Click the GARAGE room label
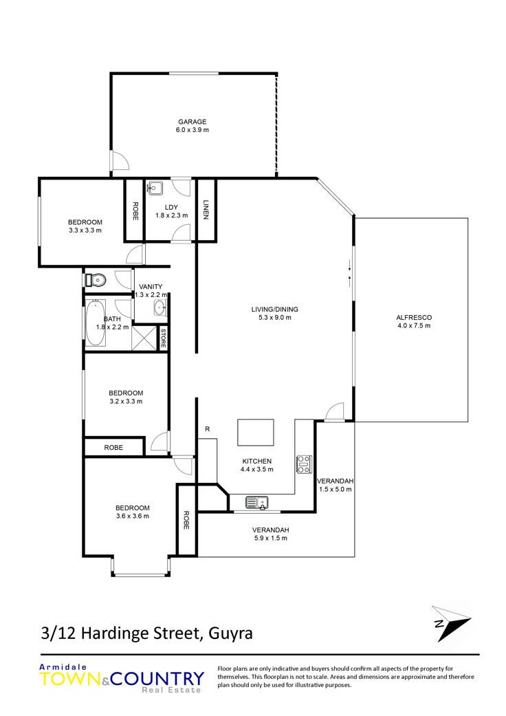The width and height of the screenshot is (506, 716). pos(192,122)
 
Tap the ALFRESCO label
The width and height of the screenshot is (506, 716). pos(414,317)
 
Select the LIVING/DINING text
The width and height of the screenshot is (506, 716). pos(275,309)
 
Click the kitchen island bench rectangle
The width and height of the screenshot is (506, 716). pos(256,432)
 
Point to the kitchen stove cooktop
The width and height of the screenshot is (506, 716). pos(304,464)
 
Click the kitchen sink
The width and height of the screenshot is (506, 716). pos(257,502)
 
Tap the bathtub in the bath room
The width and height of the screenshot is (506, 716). pos(96,323)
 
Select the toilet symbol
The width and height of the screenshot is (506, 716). pos(96,279)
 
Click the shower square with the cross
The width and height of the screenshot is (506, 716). pos(144,338)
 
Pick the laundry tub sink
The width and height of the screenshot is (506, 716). pos(155,187)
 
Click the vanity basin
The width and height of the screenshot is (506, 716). pos(160,307)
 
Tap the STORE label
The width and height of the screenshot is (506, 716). pos(163,338)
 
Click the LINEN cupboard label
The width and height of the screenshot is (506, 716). pos(206,210)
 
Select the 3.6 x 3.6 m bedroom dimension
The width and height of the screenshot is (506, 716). pos(132,516)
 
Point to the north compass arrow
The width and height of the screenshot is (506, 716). pos(451,623)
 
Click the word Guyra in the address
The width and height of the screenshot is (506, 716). pos(230,633)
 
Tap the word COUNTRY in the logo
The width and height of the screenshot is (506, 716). pos(157,679)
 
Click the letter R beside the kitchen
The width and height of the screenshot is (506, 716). pos(208,429)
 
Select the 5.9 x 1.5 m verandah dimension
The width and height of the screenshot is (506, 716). pos(271,538)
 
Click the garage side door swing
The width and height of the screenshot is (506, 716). pos(120,160)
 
